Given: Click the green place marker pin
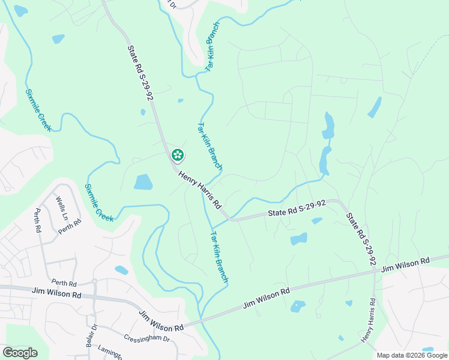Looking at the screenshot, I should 178,155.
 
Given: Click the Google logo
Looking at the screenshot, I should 20,353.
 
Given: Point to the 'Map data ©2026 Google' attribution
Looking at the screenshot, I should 412,355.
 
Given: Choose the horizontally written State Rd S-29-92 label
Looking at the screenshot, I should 297,209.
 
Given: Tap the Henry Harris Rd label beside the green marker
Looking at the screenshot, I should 200,187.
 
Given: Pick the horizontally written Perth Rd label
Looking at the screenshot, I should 64,283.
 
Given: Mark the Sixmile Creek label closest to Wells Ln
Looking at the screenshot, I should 99,203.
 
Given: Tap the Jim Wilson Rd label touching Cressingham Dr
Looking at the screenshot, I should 162,321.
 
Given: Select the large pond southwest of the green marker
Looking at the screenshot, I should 143,182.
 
